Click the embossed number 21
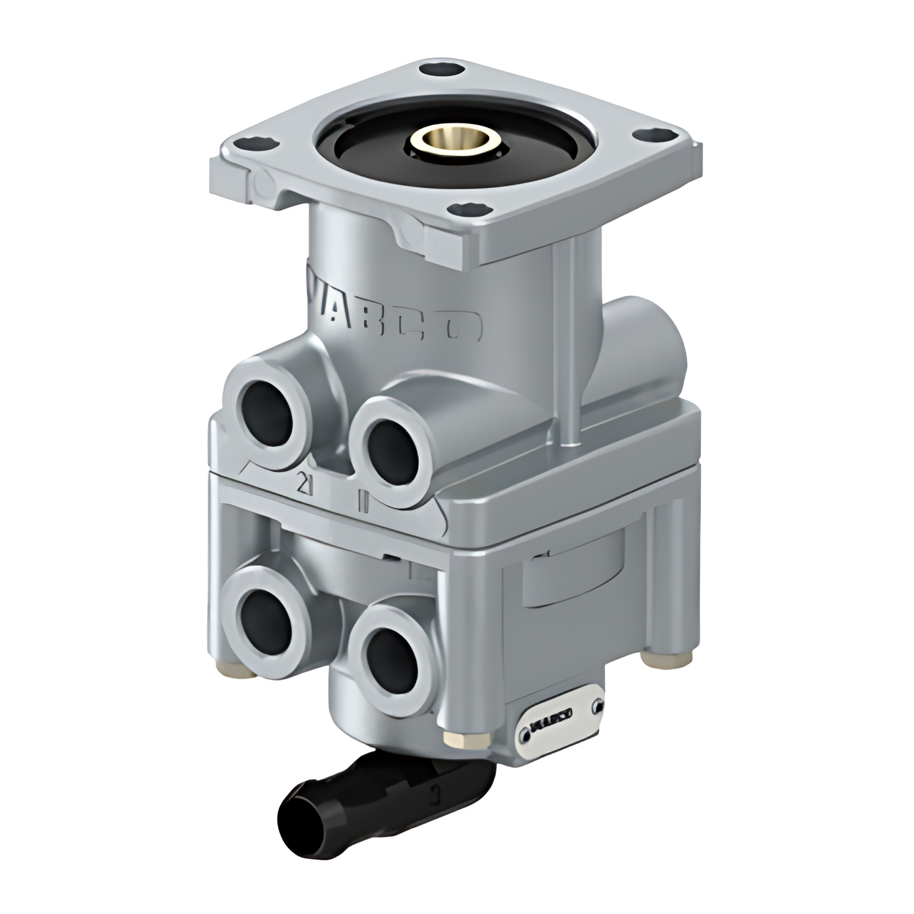point(304,484)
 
